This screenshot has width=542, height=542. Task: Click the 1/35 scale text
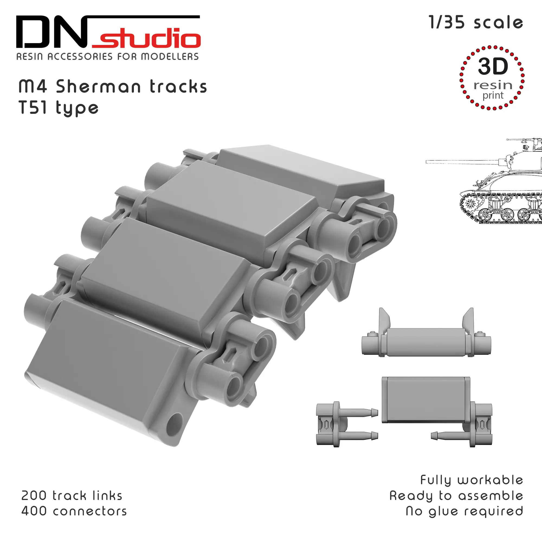coord(476,23)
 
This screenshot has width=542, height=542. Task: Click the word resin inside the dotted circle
coord(493,85)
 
